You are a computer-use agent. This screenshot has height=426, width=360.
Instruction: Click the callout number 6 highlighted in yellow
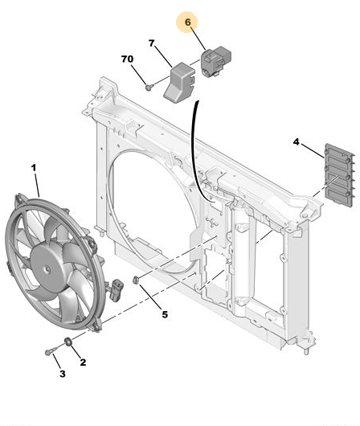pos(187,23)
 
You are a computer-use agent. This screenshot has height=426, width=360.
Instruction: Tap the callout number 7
pos(151,43)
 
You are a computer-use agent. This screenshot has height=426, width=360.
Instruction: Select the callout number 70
pos(127,59)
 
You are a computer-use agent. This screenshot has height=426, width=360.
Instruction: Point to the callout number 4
pos(296,141)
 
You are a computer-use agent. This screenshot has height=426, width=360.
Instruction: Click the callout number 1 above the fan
pos(34,168)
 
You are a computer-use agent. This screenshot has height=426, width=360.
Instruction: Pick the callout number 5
pos(165,314)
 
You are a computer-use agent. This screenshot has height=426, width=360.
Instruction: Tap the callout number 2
pos(83,363)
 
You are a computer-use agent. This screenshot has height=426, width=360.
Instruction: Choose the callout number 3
pos(63,374)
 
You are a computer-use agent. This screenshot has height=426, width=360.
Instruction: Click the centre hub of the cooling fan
pos(47,269)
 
